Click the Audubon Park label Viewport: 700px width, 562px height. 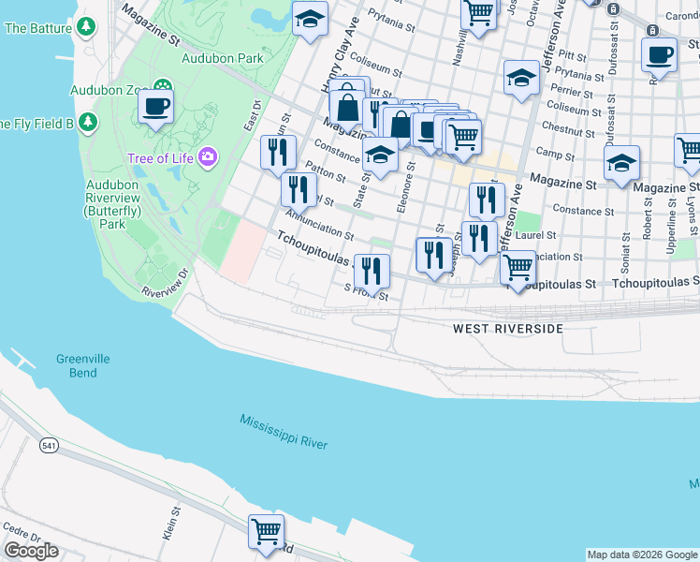point(224,57)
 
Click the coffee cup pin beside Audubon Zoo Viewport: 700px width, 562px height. point(156,106)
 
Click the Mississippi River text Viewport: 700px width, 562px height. point(283,431)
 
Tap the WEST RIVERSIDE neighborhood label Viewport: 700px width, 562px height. point(508,329)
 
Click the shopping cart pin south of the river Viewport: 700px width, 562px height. point(266,532)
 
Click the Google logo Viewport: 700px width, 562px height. point(31,551)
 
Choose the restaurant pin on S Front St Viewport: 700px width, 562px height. point(372,272)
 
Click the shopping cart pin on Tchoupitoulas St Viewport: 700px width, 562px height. point(518,268)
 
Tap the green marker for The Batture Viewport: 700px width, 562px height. point(87,28)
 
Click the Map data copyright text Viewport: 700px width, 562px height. point(642,555)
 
